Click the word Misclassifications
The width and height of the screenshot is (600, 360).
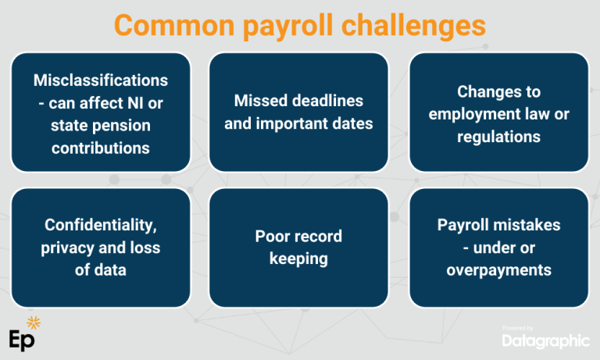click(101, 80)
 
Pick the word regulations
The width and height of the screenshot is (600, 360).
click(499, 137)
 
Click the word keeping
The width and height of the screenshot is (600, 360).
click(298, 258)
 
